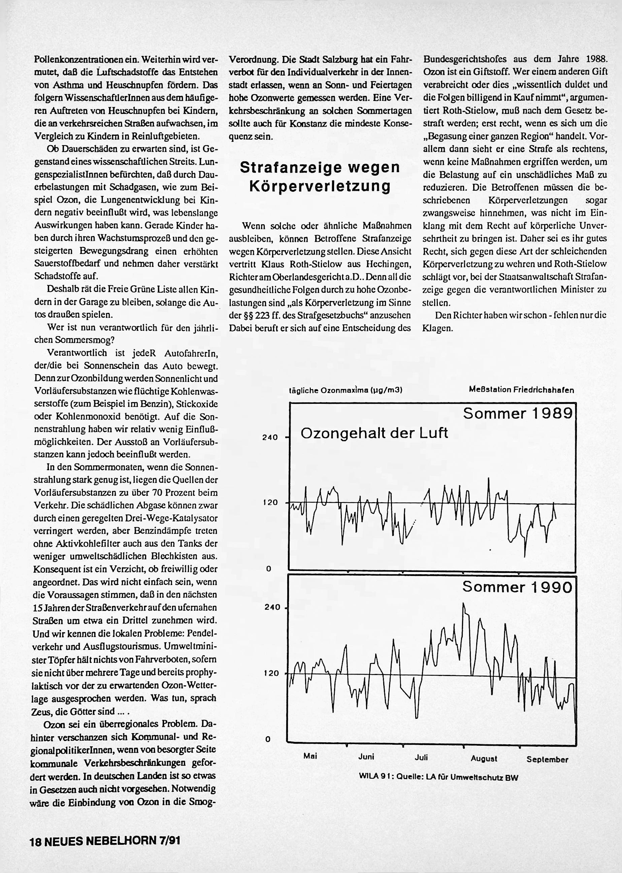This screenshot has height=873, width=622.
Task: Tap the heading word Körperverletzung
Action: tap(320, 186)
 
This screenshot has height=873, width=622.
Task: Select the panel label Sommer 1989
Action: tap(518, 414)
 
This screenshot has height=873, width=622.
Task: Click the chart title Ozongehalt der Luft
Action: tap(374, 433)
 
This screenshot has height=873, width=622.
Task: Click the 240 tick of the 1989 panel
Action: tap(270, 438)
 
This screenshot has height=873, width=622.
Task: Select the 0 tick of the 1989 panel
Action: tap(268, 569)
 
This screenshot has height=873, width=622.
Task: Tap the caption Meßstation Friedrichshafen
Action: tap(521, 390)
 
